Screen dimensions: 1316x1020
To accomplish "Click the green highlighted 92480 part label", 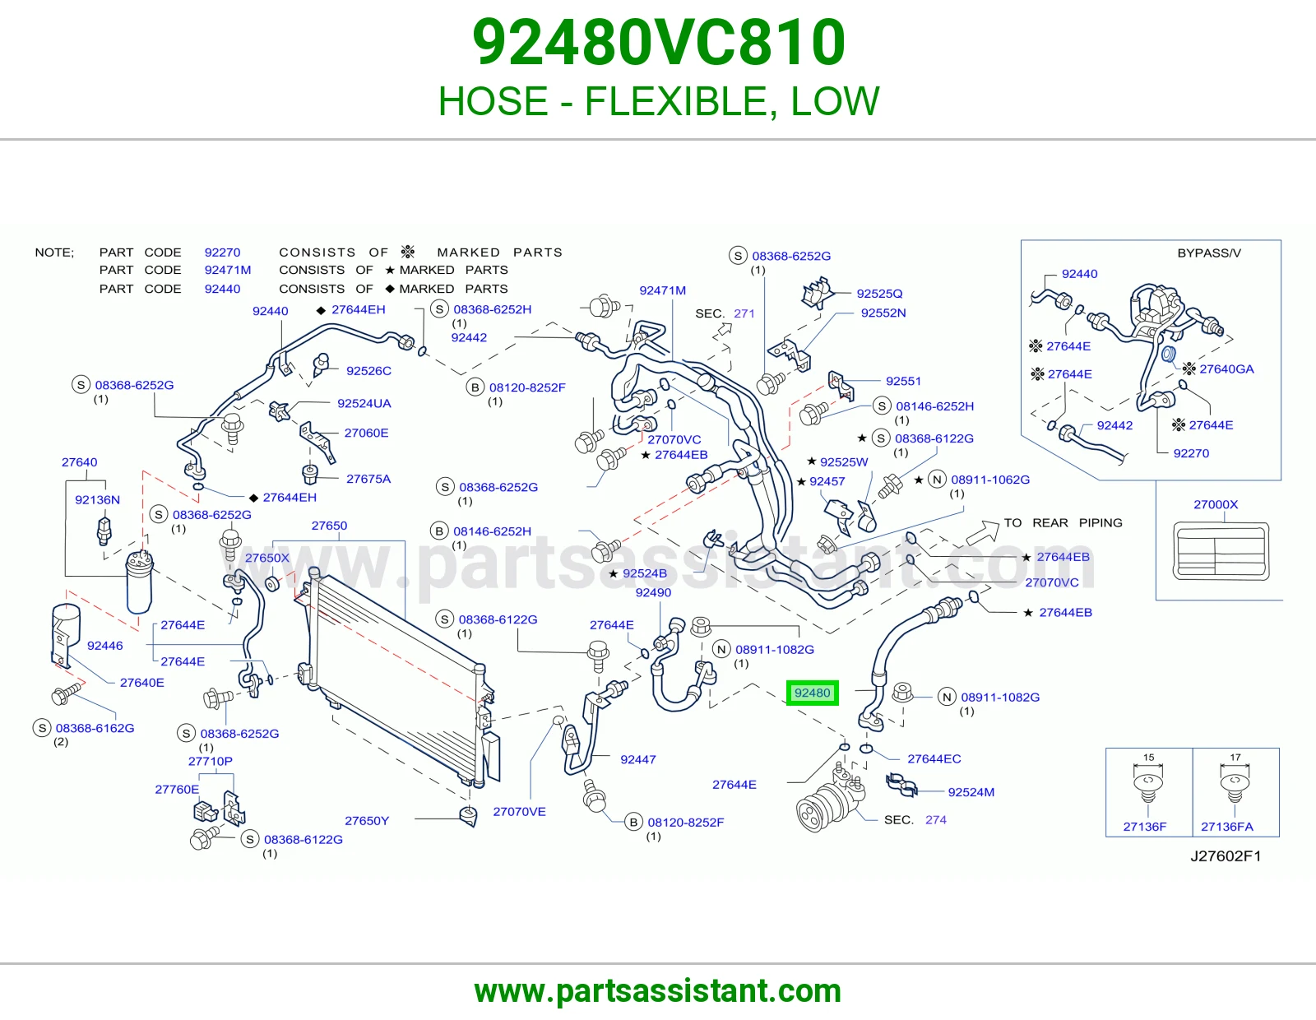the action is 812,693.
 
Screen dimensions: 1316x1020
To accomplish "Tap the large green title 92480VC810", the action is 658,42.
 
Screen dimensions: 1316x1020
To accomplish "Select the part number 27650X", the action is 267,558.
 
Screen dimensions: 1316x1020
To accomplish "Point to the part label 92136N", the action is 98,499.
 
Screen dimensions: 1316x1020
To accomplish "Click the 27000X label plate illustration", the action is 1221,551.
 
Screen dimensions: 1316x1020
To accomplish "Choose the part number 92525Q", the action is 879,294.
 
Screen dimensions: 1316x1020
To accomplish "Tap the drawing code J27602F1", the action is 1226,855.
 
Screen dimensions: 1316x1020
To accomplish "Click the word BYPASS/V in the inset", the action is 1209,253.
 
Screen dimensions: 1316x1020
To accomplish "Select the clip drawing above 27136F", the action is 1147,786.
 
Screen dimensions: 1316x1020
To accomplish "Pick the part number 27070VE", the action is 519,812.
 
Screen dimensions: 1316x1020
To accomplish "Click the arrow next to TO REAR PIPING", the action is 982,532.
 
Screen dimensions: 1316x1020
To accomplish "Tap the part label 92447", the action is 637,759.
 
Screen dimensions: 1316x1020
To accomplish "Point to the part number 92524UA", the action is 364,403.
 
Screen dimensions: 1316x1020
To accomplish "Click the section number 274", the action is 936,819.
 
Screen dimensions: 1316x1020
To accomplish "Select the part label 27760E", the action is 177,789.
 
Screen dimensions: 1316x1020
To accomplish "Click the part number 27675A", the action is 368,479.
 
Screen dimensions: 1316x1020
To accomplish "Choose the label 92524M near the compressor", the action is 971,792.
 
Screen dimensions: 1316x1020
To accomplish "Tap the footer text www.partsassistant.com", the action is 658,991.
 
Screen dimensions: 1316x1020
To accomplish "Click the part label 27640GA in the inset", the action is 1226,369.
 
